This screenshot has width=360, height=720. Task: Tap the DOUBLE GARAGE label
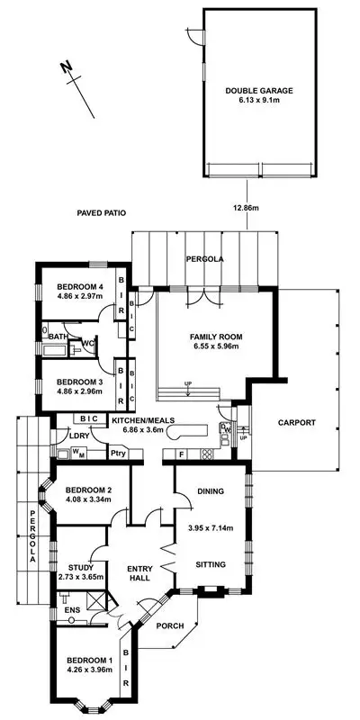click(259, 90)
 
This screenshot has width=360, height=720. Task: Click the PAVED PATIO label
click(101, 213)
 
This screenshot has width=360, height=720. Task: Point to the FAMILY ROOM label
click(216, 337)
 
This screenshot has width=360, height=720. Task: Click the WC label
click(88, 343)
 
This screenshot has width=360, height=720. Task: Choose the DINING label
click(211, 490)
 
